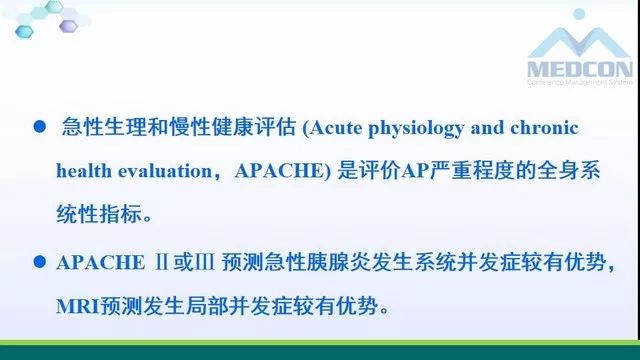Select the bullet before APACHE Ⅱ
(x=40, y=263)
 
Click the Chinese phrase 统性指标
(x=104, y=211)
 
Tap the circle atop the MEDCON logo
(x=579, y=15)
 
